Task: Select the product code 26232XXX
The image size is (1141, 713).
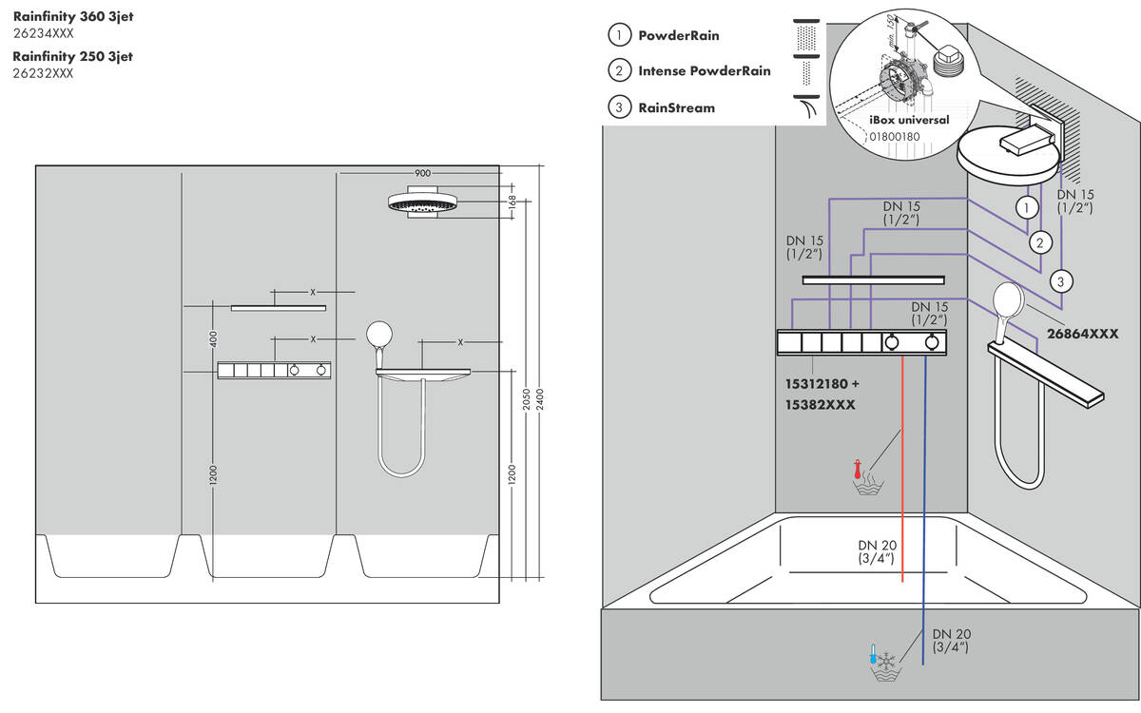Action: pos(43,73)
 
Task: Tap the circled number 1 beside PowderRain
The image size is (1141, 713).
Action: pos(620,35)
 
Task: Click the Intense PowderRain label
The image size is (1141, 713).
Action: pos(704,71)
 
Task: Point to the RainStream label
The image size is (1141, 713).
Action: pos(676,107)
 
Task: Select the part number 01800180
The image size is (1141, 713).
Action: pos(894,137)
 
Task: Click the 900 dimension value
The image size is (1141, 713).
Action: pos(422,174)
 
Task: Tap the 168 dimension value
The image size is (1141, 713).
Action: pos(512,202)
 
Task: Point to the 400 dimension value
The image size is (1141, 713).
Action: pos(214,337)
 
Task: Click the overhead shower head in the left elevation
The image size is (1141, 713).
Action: pos(423,204)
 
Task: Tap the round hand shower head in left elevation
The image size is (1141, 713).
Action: pos(378,335)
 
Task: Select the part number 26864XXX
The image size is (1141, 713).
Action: pos(1082,334)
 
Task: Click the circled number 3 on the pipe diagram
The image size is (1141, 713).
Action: pos(1062,280)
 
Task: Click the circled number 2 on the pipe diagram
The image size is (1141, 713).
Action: pos(1041,242)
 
